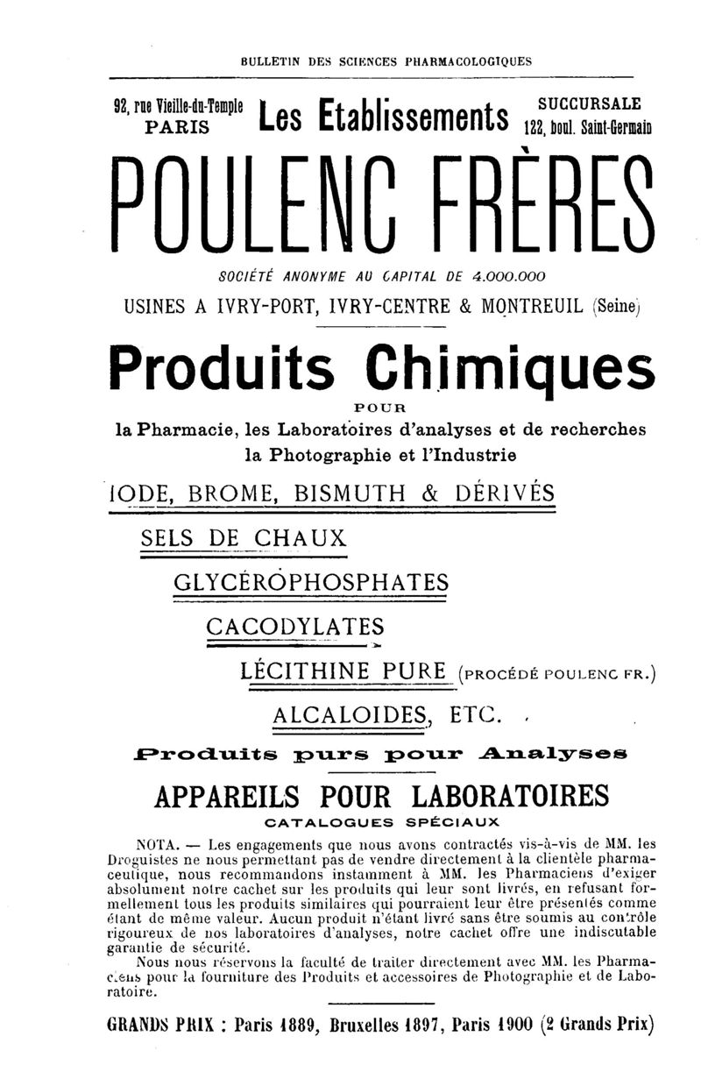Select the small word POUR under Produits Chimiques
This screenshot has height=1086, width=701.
[x=382, y=408]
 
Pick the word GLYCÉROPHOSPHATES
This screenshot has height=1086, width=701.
[x=311, y=582]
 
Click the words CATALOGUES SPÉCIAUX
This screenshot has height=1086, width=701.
[x=381, y=823]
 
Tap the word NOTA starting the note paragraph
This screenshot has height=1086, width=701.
[x=156, y=845]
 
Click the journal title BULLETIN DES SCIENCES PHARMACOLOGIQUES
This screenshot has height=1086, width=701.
[x=386, y=62]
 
